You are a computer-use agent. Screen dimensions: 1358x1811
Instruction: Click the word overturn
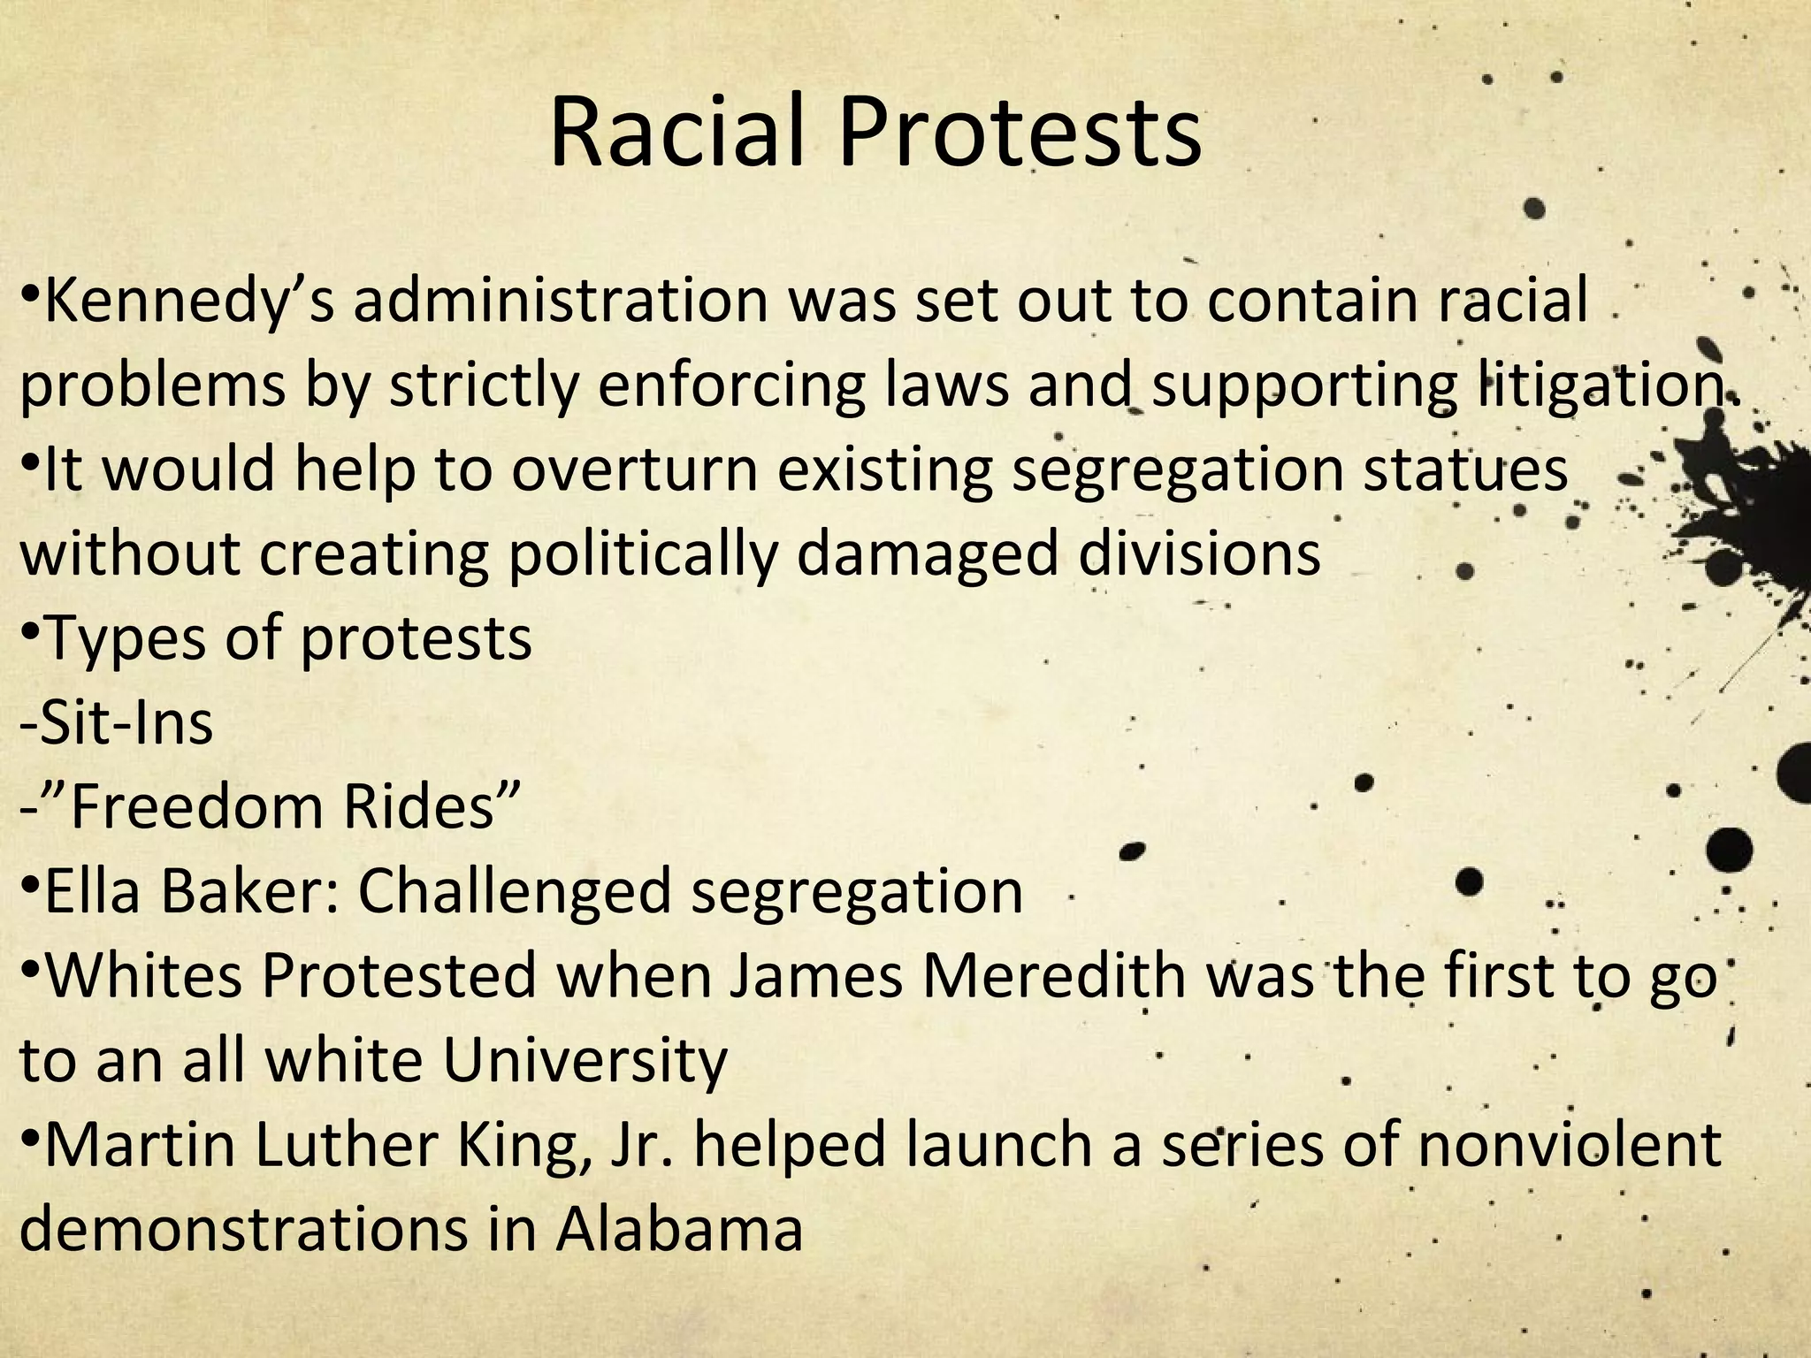point(634,469)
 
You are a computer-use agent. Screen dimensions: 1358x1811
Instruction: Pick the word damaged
point(928,554)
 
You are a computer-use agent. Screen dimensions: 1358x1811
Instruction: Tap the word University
point(585,1060)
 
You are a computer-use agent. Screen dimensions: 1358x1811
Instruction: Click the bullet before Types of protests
point(28,630)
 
